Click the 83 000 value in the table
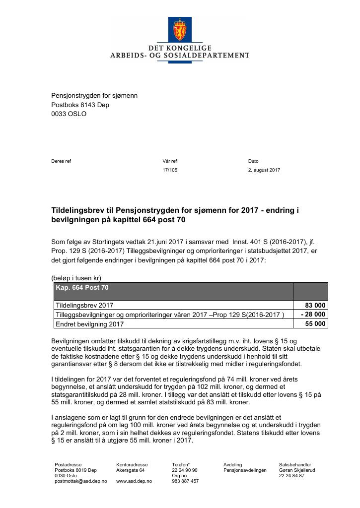(315, 306)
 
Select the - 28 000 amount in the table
(313, 315)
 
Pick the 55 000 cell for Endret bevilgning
(315, 324)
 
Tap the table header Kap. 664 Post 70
(82, 288)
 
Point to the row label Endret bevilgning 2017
(89, 324)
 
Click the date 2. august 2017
(264, 170)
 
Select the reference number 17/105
(170, 170)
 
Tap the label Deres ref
(61, 161)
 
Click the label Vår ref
(169, 161)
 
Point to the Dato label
(253, 161)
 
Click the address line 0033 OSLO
(69, 114)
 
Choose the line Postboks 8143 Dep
(80, 105)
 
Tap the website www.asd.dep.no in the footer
(134, 481)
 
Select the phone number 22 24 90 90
(185, 470)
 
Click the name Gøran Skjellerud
(297, 470)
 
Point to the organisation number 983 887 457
(185, 481)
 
